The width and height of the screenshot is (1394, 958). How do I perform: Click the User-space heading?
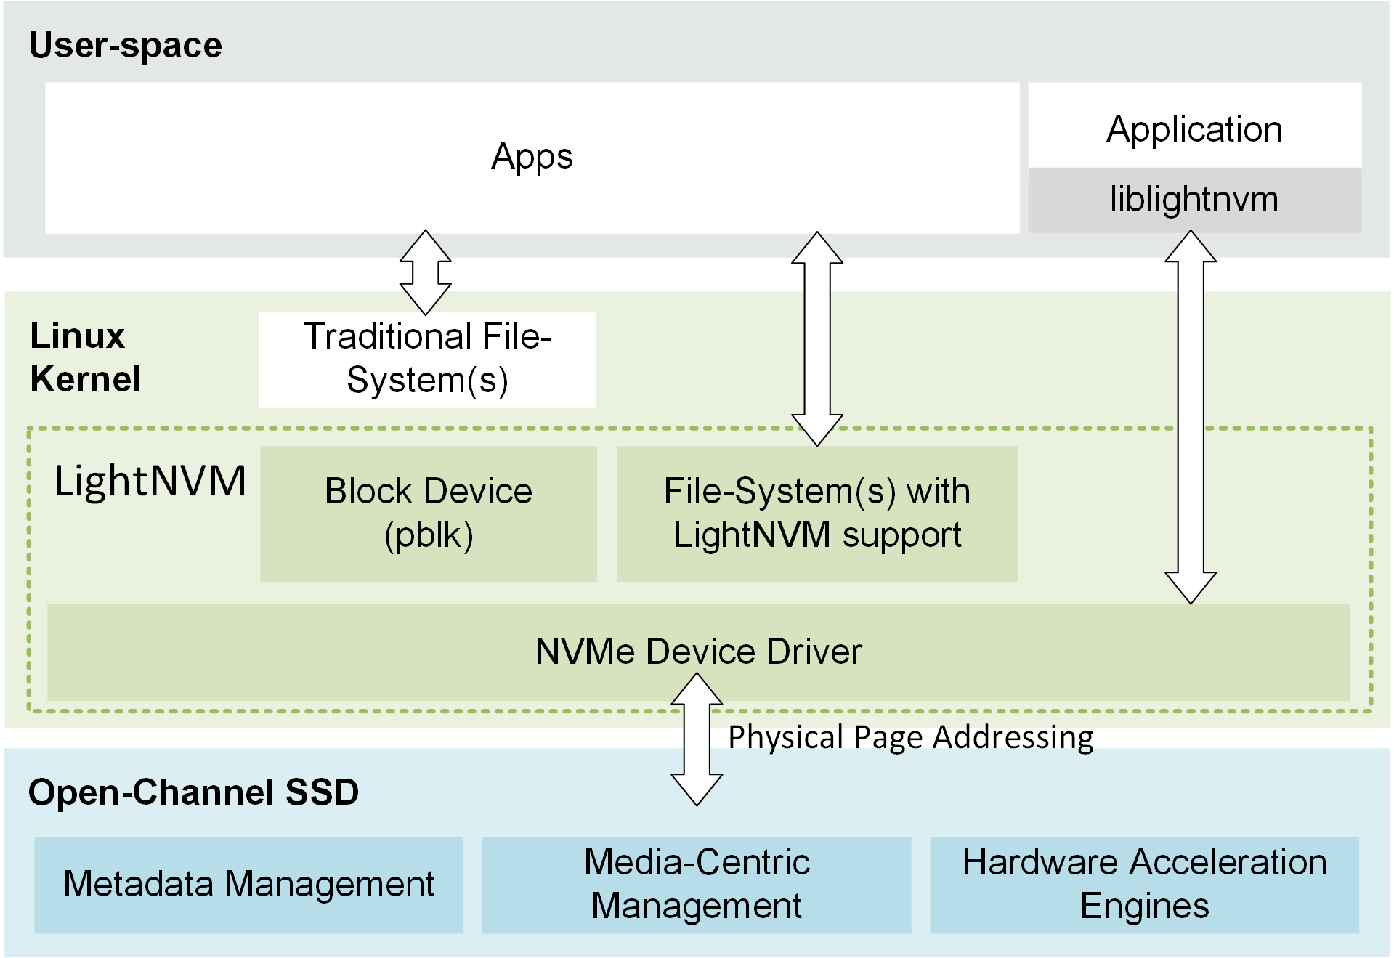[125, 45]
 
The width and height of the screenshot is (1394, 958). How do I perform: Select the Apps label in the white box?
[532, 157]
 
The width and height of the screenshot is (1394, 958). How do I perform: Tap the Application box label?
[1194, 129]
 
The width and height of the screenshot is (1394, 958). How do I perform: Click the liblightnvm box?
[1194, 200]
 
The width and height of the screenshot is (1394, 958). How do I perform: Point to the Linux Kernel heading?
[84, 357]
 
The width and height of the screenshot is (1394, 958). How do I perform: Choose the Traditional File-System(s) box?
[427, 359]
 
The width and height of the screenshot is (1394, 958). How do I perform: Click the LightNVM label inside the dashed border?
[150, 481]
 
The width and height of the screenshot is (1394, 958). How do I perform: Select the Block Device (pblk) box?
[428, 513]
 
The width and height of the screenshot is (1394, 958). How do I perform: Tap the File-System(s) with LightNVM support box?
[816, 513]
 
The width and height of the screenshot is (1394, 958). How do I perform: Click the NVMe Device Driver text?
[698, 651]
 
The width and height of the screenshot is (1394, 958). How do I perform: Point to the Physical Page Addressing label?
[910, 737]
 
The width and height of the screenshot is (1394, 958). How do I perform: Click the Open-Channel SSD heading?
[193, 792]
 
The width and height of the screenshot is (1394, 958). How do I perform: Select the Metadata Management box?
[248, 884]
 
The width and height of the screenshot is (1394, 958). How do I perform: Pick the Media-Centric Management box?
[696, 884]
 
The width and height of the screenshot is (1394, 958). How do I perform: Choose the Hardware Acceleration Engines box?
[1144, 884]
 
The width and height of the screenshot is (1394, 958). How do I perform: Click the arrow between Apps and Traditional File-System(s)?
[426, 272]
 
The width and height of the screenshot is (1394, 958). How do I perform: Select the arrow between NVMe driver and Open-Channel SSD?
[697, 739]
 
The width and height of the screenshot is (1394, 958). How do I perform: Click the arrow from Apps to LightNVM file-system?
[817, 338]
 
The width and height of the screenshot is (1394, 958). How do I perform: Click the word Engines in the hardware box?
[1144, 906]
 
